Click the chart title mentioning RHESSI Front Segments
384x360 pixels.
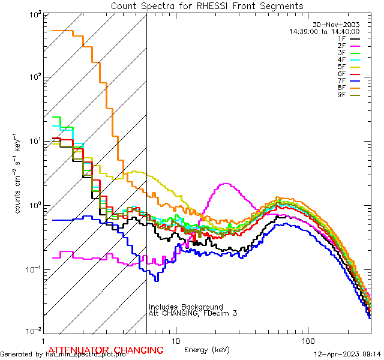click(207, 6)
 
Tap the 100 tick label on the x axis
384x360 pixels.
click(307, 339)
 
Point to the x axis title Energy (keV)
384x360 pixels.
click(207, 349)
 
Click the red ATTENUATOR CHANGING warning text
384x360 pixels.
click(106, 350)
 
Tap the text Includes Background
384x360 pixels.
click(185, 307)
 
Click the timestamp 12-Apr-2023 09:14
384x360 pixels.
click(346, 354)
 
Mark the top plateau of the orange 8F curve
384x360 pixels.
click(62, 31)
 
